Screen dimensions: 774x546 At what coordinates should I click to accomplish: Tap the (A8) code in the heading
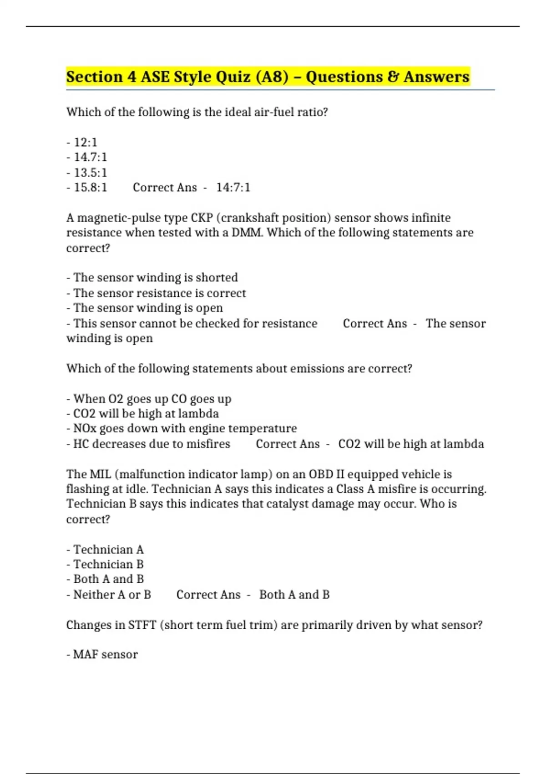tap(272, 76)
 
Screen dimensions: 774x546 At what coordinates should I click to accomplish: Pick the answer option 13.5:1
tap(90, 173)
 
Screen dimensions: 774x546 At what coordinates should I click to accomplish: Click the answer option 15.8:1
tap(90, 188)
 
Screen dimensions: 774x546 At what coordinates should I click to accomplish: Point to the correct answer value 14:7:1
tap(233, 188)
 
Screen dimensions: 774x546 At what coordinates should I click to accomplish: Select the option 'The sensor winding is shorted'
tap(155, 278)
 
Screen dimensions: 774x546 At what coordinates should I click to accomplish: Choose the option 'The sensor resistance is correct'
tap(159, 293)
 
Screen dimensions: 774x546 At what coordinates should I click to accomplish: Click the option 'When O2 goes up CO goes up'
tap(152, 399)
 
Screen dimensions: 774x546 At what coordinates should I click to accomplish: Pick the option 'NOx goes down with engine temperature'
tap(185, 428)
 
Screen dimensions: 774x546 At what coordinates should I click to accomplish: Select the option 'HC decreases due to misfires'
tap(152, 444)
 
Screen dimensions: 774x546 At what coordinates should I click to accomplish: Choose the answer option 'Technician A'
tap(108, 550)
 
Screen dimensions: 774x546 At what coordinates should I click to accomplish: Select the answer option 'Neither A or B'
tap(112, 595)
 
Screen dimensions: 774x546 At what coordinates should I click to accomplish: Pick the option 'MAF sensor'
tap(105, 655)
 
